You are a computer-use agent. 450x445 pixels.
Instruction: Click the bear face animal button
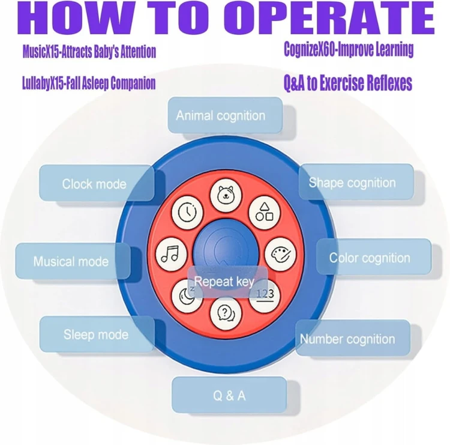(226, 195)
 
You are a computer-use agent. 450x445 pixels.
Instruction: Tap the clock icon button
(188, 211)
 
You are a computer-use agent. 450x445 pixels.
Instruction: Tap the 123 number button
(264, 294)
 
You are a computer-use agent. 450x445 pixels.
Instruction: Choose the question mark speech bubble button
(226, 312)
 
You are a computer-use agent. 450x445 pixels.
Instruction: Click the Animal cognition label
(221, 115)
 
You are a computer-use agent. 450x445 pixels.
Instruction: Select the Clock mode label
(94, 183)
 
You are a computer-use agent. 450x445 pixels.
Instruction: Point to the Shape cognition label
(352, 183)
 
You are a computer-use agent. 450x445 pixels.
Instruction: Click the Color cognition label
(370, 258)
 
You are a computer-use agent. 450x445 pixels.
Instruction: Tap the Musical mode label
(71, 261)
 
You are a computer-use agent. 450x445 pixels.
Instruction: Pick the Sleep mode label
(96, 334)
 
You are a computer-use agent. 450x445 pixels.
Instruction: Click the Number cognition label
(348, 339)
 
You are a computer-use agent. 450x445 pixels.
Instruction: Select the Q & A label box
(229, 396)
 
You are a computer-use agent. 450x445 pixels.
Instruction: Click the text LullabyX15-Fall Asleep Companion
(89, 83)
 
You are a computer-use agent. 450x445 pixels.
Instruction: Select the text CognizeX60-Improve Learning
(349, 50)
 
